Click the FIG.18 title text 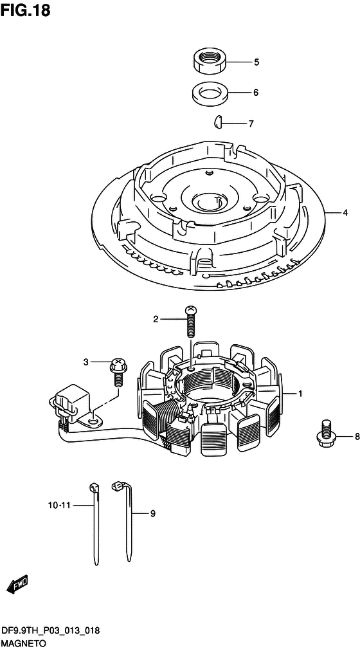point(25,10)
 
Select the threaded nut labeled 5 point(210,60)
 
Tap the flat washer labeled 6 point(210,92)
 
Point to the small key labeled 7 point(217,121)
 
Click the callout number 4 point(345,213)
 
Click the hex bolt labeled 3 point(118,371)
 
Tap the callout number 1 point(300,393)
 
